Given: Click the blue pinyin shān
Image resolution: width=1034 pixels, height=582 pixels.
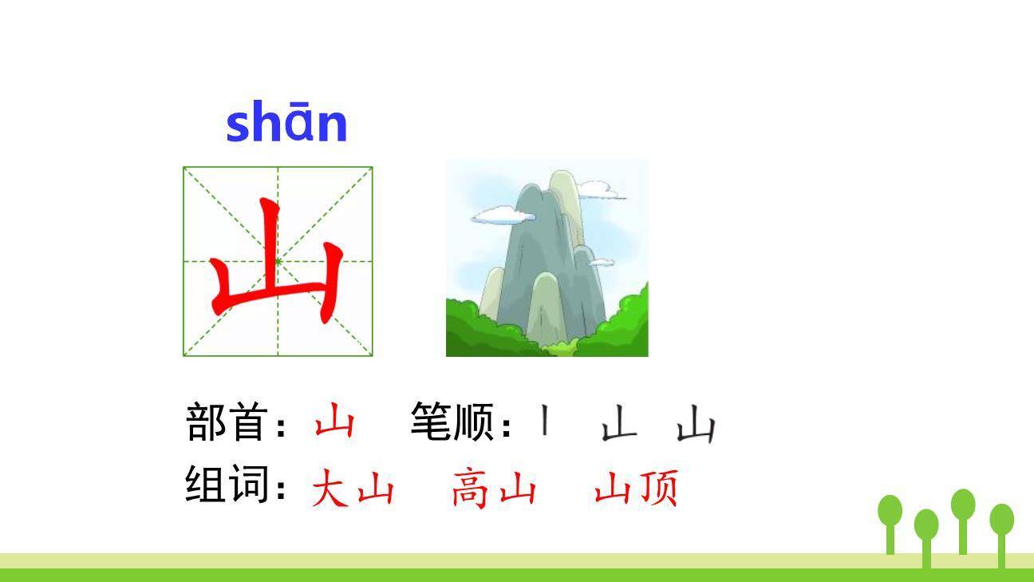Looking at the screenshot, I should click(x=286, y=124).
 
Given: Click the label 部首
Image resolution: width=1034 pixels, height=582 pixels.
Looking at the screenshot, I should click(x=226, y=422).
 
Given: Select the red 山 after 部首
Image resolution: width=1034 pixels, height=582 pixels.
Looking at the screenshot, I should click(x=333, y=422).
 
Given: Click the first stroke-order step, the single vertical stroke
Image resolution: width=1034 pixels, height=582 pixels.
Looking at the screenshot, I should click(x=544, y=421).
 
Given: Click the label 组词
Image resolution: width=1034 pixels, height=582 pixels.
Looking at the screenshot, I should click(x=226, y=484).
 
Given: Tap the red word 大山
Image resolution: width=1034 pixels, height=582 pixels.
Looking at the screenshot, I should click(x=353, y=489).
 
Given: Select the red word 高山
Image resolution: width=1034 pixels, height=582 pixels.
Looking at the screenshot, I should click(x=493, y=489).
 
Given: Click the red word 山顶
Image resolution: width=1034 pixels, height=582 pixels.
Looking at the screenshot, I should click(x=636, y=489).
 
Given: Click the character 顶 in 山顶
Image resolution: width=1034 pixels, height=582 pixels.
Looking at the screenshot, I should click(x=657, y=489).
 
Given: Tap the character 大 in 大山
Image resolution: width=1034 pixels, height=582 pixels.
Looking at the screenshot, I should click(x=330, y=489).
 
